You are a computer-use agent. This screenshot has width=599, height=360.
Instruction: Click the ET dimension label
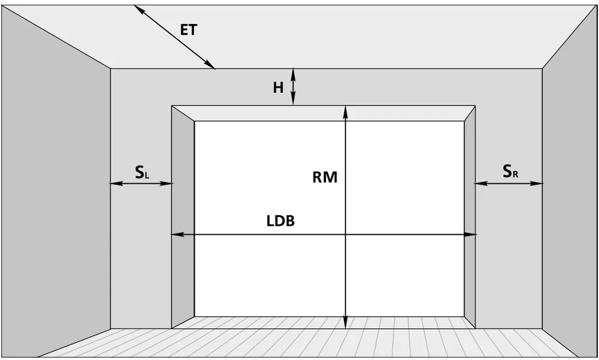188,30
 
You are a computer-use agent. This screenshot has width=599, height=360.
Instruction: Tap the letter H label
278,88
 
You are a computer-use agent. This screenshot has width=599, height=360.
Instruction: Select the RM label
325,177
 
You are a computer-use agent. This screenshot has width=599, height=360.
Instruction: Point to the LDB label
280,221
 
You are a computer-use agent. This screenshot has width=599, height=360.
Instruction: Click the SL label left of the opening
142,173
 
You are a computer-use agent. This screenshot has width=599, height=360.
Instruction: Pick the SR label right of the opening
510,171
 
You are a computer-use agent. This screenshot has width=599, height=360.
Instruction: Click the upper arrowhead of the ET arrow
138,9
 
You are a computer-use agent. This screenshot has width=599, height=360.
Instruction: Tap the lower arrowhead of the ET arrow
210,65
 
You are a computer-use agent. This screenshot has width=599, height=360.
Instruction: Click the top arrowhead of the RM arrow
346,111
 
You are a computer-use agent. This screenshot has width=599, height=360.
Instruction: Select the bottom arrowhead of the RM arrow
346,323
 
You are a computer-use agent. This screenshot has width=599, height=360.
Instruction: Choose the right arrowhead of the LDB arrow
471,234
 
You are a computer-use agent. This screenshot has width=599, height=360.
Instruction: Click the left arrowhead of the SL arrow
116,184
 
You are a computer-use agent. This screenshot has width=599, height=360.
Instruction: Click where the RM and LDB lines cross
346,234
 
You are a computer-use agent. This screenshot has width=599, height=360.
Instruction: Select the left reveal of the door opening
183,217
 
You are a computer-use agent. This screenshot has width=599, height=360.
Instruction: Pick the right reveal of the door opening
470,217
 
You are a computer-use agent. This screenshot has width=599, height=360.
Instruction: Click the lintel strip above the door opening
323,113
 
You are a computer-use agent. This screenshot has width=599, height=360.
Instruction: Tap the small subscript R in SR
515,175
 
